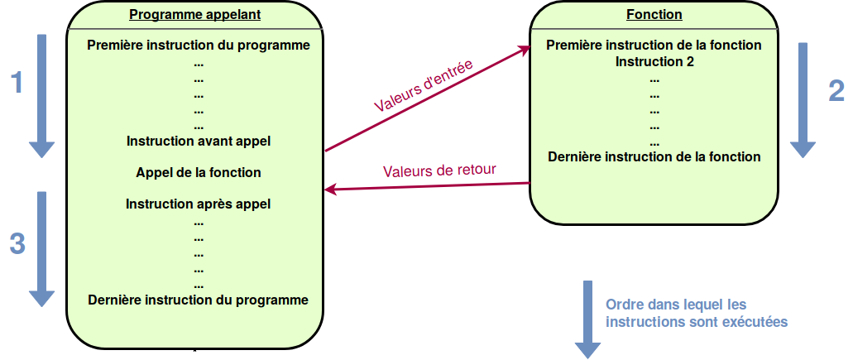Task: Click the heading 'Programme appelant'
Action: coord(194,15)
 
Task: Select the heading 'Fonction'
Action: coord(654,14)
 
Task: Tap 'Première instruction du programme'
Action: coord(199,46)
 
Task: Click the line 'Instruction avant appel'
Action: coord(199,142)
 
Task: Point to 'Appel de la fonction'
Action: coord(199,173)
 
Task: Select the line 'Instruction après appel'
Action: coord(199,204)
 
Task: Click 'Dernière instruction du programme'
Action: coord(199,300)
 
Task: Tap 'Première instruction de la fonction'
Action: coord(654,46)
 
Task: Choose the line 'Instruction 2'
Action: coord(654,62)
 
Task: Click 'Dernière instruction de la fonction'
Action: coord(654,157)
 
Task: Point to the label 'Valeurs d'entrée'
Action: coord(424,85)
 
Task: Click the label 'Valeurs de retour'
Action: coord(439,170)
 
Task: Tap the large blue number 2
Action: coord(836,90)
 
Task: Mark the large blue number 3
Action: coord(17,244)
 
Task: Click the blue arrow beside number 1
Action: coord(42,96)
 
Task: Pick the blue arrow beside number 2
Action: coord(803,100)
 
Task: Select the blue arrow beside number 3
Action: coord(42,249)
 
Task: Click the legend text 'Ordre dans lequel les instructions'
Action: coord(697,313)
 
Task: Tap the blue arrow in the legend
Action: coord(588,319)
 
